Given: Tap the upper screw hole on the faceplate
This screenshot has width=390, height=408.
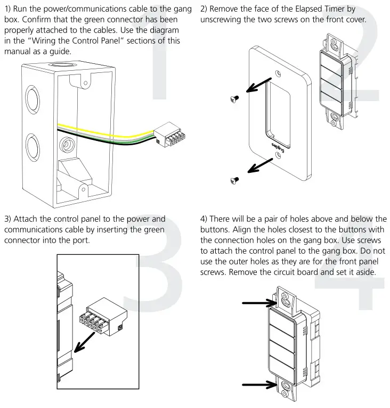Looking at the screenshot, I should [x=277, y=73].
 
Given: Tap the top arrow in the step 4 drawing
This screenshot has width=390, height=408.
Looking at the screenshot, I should [x=257, y=304].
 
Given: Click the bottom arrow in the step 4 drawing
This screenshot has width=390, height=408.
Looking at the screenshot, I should [x=257, y=384].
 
